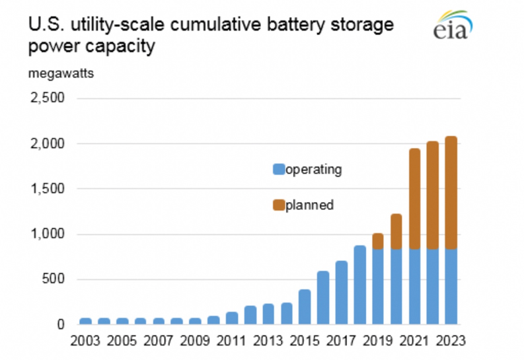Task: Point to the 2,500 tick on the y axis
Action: pos(47,98)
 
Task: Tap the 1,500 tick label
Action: pos(47,189)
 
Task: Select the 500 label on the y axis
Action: pos(52,279)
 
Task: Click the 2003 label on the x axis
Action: pos(85,342)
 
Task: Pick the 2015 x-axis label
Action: pos(305,342)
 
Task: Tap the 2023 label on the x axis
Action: pos(451,342)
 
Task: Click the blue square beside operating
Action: pos(278,170)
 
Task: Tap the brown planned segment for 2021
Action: pos(414,199)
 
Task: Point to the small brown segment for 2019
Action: pos(378,241)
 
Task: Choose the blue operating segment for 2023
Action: pos(451,287)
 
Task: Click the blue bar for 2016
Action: pos(324,298)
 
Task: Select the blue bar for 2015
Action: pos(305,307)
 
